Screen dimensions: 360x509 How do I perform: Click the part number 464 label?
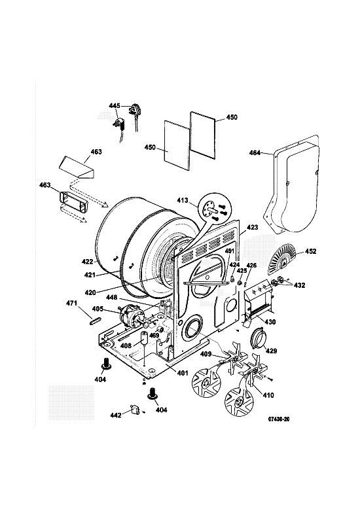coord(255,152)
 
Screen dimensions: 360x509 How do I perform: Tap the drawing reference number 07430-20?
coord(278,419)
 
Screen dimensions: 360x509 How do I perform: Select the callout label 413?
coord(183,200)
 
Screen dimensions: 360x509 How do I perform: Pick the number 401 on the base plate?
coord(183,374)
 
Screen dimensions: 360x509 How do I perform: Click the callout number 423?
coord(252,227)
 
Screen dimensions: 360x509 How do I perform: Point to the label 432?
coord(299,285)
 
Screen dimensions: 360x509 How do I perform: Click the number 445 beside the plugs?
coord(115,106)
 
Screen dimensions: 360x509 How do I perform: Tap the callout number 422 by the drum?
coord(88,261)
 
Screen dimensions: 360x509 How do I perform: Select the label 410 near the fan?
coord(268,395)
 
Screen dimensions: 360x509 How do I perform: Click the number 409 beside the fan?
coord(206,353)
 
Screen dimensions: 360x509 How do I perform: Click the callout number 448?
coord(111,297)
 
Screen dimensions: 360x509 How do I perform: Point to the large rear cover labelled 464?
coord(294,184)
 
